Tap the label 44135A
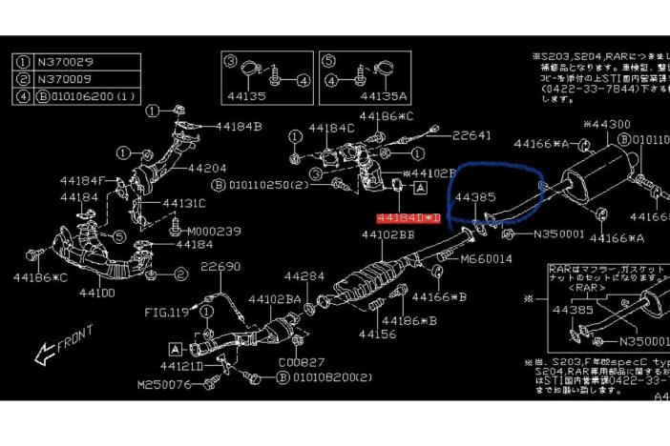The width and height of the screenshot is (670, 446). click(x=384, y=96)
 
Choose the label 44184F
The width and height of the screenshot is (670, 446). click(x=81, y=179)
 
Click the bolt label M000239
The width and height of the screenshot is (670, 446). click(x=215, y=231)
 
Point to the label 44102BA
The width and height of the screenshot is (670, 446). click(x=275, y=299)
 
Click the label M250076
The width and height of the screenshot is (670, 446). click(x=165, y=384)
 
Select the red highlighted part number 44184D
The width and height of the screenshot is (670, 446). click(x=409, y=219)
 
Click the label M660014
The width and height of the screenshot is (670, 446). click(x=486, y=258)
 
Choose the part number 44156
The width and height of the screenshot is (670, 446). click(x=377, y=334)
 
